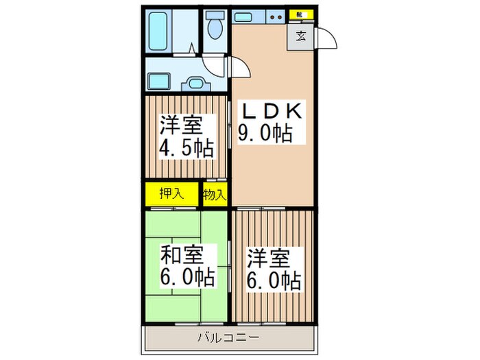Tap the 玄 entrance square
tap(302, 36)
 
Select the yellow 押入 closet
tap(171, 193)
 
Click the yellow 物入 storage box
tap(215, 194)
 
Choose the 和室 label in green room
tap(182, 255)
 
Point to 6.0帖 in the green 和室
tap(187, 278)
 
